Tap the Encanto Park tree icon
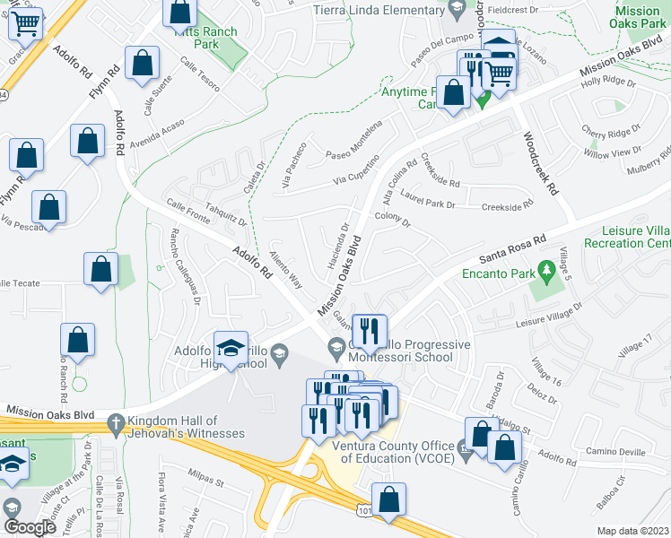tap(545, 270)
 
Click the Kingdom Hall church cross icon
tap(115, 422)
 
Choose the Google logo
tap(30, 527)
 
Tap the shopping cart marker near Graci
tap(26, 24)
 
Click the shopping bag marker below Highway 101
tap(388, 501)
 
